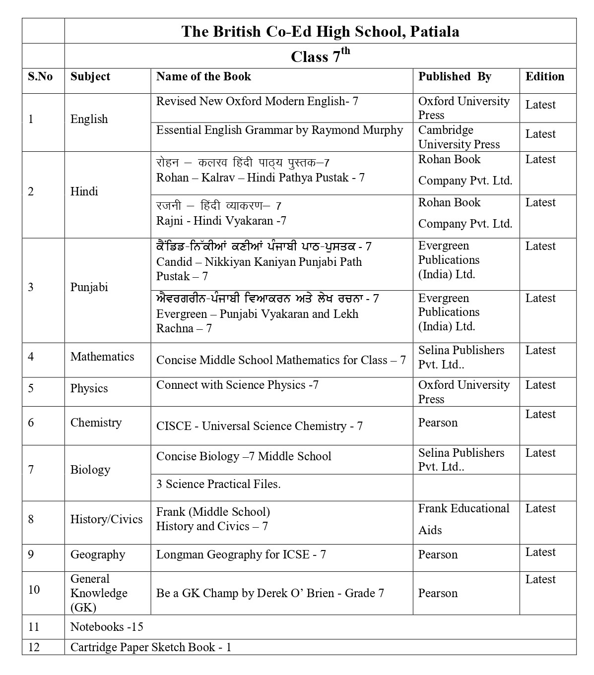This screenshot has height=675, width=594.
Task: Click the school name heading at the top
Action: click(x=320, y=31)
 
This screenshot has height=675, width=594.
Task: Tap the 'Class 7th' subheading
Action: click(x=320, y=56)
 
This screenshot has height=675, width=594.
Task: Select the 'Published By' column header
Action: click(x=455, y=76)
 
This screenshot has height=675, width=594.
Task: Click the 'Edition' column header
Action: click(x=544, y=76)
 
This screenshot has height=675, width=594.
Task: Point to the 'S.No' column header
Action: click(x=40, y=76)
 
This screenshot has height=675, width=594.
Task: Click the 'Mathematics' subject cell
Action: click(x=102, y=357)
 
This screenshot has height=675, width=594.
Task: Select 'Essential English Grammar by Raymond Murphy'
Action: click(x=279, y=130)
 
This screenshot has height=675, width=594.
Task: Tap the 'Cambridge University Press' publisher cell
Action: click(x=459, y=137)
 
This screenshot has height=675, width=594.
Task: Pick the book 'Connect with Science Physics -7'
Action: click(x=237, y=385)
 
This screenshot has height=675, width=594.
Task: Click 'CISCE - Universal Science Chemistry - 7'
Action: click(x=259, y=426)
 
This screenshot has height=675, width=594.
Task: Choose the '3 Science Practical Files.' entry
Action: click(x=218, y=484)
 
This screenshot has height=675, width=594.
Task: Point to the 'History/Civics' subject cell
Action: click(x=106, y=519)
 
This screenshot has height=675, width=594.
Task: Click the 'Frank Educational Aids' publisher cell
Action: click(x=463, y=519)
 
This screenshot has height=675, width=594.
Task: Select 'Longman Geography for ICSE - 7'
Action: click(x=241, y=554)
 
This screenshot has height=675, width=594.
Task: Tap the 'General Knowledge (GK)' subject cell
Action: click(x=99, y=593)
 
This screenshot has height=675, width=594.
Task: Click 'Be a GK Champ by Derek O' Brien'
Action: click(x=270, y=593)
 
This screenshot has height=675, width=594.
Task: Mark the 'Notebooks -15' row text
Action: click(x=107, y=627)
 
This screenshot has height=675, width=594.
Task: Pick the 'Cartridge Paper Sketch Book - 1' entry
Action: click(x=151, y=647)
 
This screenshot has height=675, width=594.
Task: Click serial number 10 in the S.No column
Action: click(x=34, y=589)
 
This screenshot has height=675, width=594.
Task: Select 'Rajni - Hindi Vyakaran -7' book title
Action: click(x=221, y=221)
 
